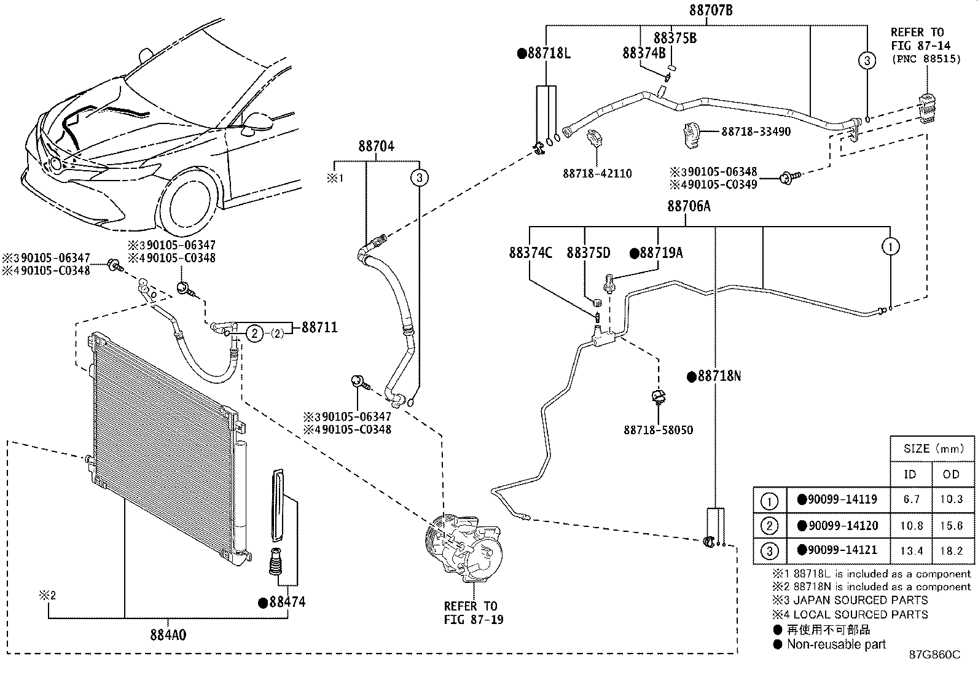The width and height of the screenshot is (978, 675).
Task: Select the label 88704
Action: tap(376, 146)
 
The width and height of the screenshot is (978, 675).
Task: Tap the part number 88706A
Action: tap(689, 206)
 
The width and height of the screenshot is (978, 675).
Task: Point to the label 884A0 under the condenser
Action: tap(168, 634)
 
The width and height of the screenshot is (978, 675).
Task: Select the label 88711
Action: tap(319, 328)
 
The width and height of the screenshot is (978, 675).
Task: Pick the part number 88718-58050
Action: tap(658, 430)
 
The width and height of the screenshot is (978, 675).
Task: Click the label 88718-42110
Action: tap(597, 174)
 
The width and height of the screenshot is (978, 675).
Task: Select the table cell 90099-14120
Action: tap(838, 526)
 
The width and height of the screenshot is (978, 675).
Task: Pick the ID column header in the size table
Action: tap(910, 474)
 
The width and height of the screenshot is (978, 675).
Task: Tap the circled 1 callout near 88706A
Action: tap(890, 247)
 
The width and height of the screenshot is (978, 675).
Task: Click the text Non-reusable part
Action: tap(836, 644)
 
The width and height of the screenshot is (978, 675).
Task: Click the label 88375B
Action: tap(675, 38)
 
